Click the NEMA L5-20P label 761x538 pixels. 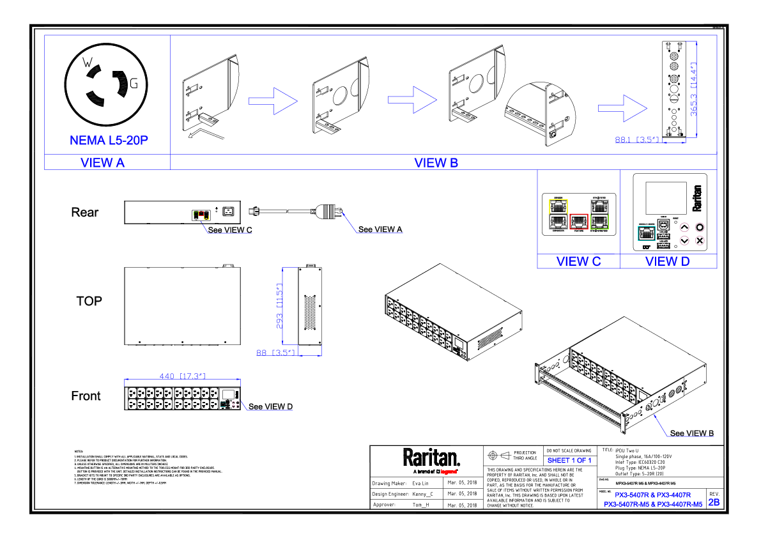point(109,141)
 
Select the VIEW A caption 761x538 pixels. point(102,163)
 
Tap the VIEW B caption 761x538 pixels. point(436,163)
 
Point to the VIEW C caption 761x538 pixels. point(578,261)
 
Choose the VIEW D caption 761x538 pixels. point(668,261)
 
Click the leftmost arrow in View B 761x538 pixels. point(273,101)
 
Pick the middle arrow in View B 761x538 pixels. point(413,100)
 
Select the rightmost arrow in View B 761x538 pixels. point(623,109)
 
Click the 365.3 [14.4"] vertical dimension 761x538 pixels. point(693,89)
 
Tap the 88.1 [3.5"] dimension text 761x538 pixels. point(639,140)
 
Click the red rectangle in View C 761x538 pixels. point(579,221)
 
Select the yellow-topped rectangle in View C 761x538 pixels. point(558,214)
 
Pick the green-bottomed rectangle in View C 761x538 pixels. point(599,214)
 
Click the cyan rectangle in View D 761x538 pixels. point(646,233)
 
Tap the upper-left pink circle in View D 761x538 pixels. point(684,227)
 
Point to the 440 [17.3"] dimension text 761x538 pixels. point(182,376)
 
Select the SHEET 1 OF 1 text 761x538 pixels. point(569,461)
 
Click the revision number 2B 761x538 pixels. point(714,502)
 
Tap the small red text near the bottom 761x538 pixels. point(449,472)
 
